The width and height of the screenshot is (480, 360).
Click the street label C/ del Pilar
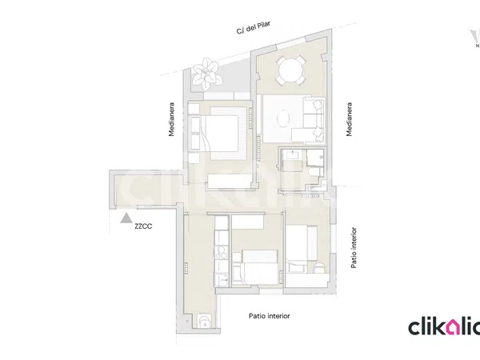tap(254, 27)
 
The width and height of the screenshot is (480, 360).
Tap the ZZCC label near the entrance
tap(143, 226)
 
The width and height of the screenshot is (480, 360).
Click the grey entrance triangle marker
tap(126, 218)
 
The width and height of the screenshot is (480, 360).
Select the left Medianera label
tap(171, 119)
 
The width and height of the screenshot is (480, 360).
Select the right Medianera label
tap(349, 119)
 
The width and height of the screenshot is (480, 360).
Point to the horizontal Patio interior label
tap(269, 316)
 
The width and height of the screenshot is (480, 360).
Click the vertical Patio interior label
tap(354, 248)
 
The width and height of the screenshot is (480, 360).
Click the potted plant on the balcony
tap(206, 74)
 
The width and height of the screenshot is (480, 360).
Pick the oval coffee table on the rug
tap(283, 118)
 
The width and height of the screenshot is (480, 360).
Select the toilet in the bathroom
tap(314, 172)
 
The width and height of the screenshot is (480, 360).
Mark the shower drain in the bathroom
tap(321, 157)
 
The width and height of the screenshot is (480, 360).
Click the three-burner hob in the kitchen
tap(221, 253)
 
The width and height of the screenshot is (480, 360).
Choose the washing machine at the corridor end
tap(203, 321)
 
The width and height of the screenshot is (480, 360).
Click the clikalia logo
tap(444, 326)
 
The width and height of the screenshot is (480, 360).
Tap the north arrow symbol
tap(476, 38)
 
